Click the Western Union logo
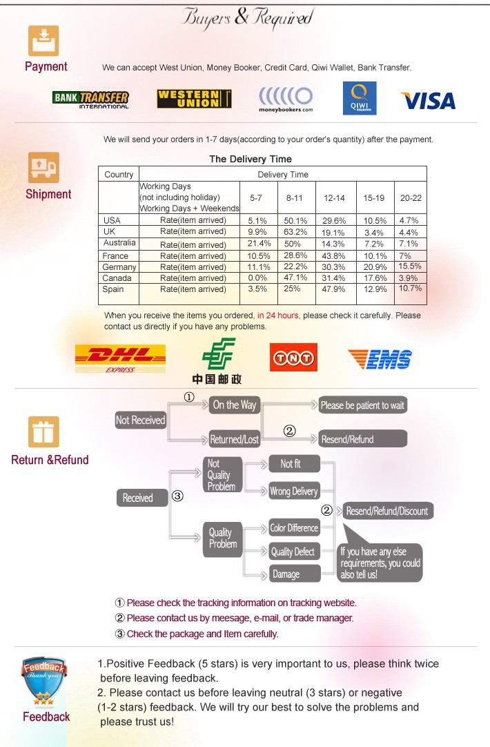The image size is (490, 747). [194, 99]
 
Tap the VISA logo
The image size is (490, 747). [428, 101]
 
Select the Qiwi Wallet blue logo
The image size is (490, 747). [360, 99]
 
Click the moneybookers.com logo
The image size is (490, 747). [286, 99]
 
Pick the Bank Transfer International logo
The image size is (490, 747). [90, 99]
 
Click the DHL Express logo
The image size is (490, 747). [120, 358]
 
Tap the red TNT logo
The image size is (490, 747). [293, 358]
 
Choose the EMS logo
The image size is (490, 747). [380, 359]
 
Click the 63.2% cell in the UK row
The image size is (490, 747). [295, 231]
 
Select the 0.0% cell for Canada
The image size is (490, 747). [257, 278]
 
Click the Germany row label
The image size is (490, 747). [119, 266]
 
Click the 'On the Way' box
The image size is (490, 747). [234, 405]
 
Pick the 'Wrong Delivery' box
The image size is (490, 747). [293, 492]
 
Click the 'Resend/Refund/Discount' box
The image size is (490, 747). [387, 511]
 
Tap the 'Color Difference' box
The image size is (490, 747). [293, 528]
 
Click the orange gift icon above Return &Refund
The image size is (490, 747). [43, 432]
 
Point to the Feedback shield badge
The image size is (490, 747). [44, 682]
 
